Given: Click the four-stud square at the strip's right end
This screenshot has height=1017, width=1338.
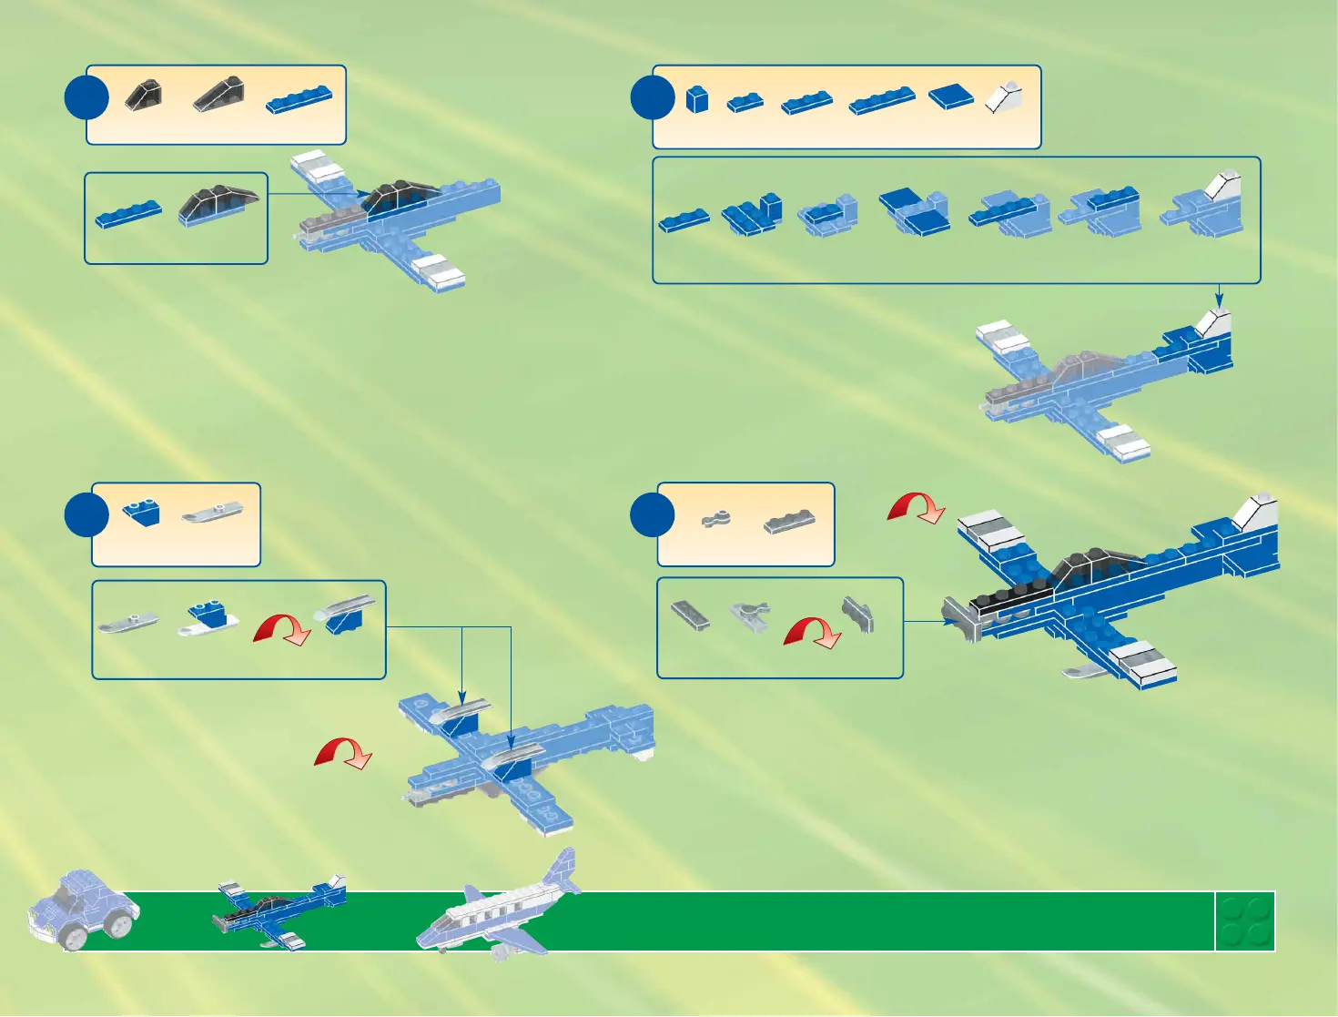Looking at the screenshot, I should coord(1245,921).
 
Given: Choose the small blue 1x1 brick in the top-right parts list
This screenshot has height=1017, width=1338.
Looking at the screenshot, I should coord(697,98).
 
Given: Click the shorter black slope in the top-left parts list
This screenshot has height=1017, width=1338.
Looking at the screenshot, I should coord(144,95).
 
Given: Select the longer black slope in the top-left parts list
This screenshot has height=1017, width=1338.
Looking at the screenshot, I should coord(218,94).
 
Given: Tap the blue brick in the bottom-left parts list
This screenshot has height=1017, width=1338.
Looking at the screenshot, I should coord(142,513).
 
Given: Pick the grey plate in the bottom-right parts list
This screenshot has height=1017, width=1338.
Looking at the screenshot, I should coord(789,521).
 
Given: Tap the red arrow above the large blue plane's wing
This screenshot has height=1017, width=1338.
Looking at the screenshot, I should coord(917,507).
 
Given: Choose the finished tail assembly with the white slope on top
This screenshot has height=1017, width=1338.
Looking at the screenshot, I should coord(1206,208).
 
